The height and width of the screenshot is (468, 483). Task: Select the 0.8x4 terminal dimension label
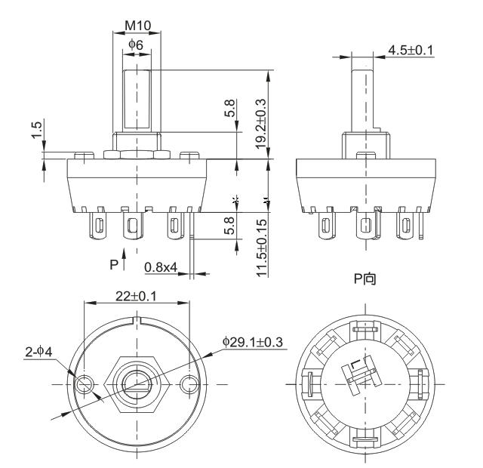click(160, 266)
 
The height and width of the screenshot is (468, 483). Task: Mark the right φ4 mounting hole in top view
click(189, 385)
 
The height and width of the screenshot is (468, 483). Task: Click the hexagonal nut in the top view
click(136, 385)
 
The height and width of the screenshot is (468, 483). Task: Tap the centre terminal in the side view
click(366, 225)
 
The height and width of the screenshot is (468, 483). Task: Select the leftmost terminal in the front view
click(97, 224)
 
